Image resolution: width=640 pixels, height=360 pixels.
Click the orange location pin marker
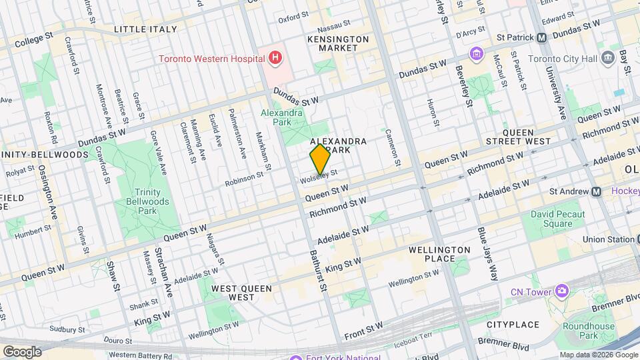click(320, 159)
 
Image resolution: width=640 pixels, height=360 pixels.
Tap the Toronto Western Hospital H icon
click(273, 58)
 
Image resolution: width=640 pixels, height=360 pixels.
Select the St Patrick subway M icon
click(541, 37)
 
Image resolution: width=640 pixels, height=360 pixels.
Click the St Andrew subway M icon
click(598, 192)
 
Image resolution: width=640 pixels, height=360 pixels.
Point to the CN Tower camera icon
click(563, 291)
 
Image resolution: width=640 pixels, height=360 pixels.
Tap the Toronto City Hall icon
click(607, 57)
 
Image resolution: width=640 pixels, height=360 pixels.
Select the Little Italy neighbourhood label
click(145, 29)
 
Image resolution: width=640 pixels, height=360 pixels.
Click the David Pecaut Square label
click(557, 219)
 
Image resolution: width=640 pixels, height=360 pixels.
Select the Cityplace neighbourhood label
click(512, 325)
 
